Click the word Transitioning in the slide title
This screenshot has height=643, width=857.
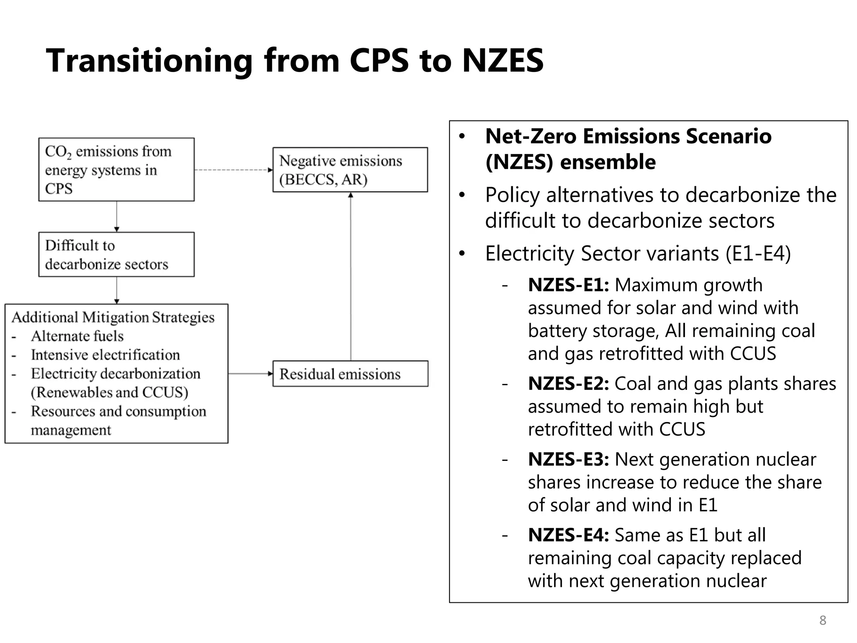point(149,61)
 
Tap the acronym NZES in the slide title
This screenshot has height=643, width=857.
point(503,61)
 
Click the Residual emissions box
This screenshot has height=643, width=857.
point(350,373)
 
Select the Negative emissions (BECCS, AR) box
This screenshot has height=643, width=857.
point(350,170)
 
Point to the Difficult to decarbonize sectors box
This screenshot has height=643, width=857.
point(116,255)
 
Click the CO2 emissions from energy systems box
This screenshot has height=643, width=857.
point(116,170)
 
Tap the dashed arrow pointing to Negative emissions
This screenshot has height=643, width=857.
point(233,170)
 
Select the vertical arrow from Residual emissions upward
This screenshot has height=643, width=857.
point(351,276)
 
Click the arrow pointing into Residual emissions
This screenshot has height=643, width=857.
point(250,373)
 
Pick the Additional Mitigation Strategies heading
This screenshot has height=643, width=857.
point(113,317)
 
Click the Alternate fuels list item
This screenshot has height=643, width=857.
point(77,336)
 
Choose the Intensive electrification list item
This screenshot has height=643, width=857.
point(105,355)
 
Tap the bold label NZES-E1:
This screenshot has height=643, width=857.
point(568,285)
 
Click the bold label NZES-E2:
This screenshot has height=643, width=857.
point(568,383)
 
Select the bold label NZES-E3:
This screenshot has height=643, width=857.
point(568,459)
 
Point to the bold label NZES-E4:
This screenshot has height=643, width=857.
point(568,535)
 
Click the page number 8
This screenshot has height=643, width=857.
point(823,620)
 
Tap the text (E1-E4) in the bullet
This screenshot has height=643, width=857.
point(758,254)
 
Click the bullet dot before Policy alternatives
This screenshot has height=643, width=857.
point(462,195)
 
